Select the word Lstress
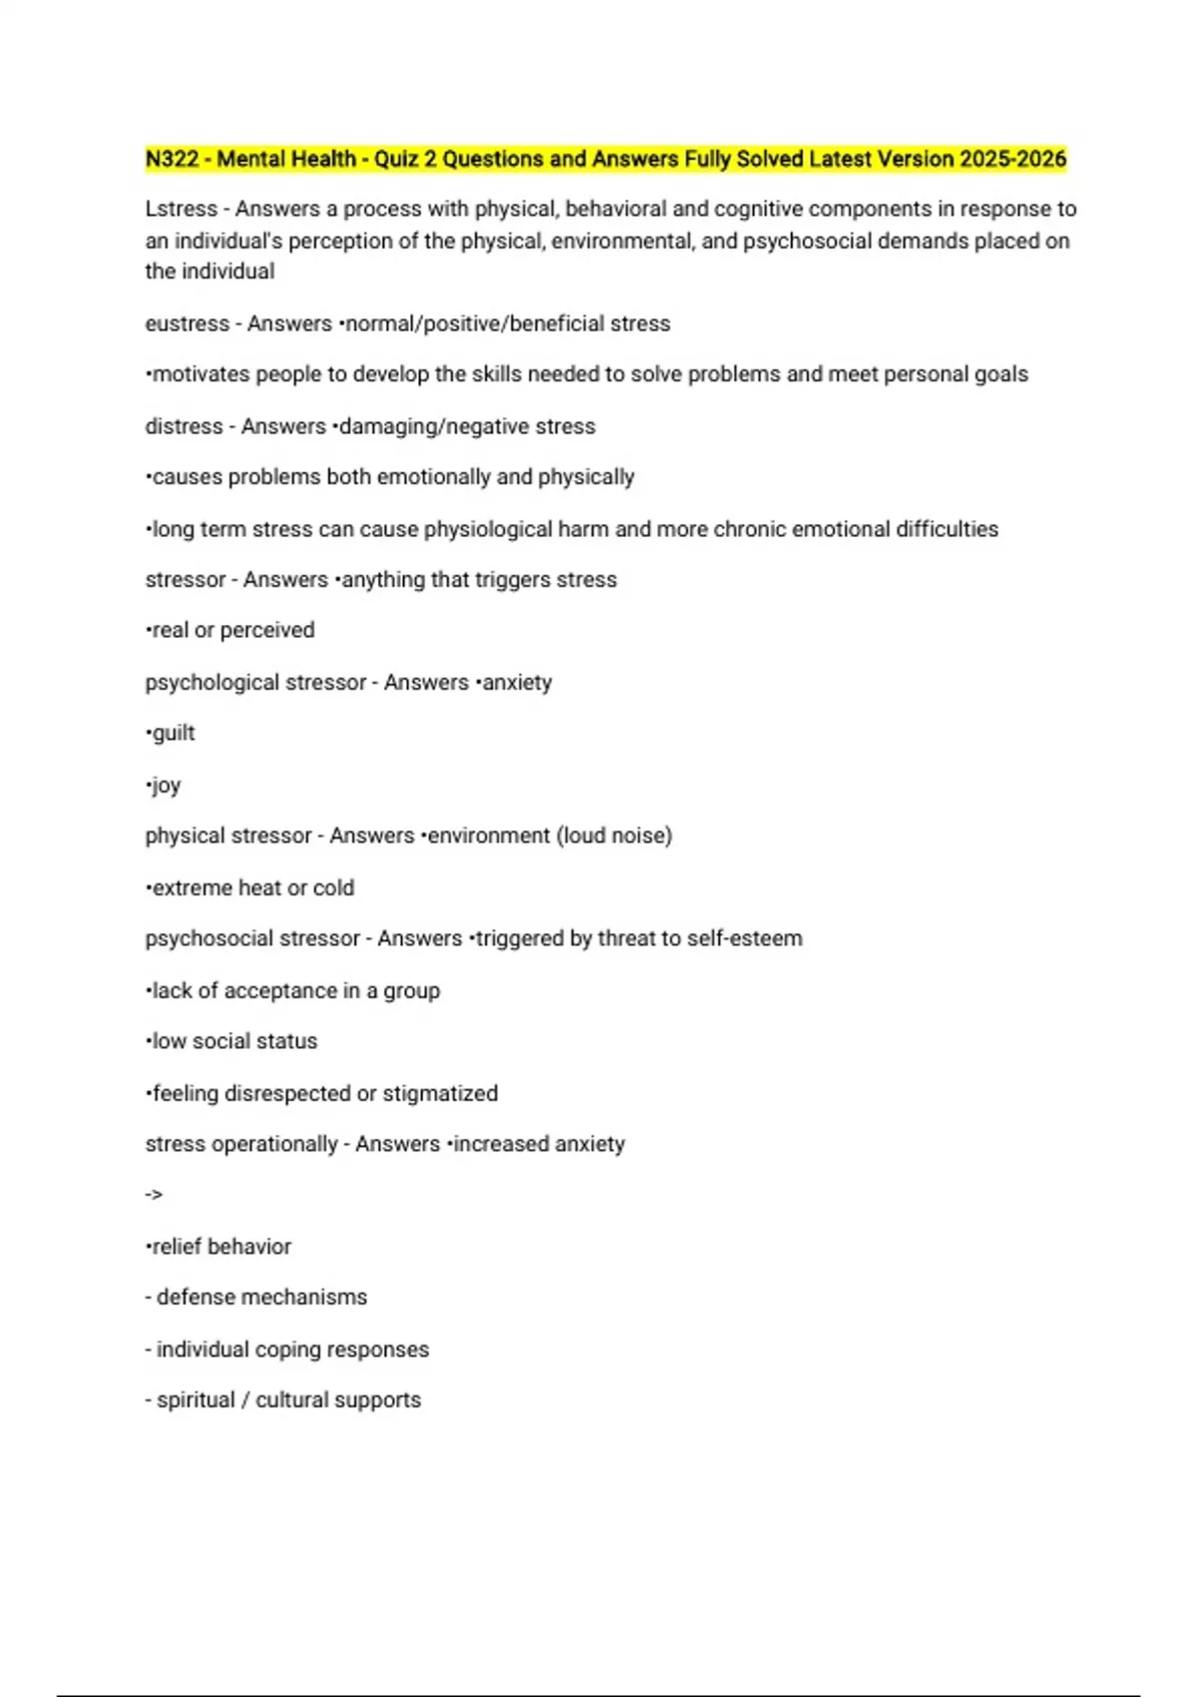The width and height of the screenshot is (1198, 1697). [x=181, y=209]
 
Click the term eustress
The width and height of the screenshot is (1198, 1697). [x=187, y=323]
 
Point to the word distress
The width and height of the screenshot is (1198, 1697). [x=184, y=426]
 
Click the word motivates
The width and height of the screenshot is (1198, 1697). [x=200, y=374]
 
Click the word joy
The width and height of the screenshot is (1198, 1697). [x=166, y=786]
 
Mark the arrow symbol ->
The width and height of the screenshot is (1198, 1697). [x=154, y=1195]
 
